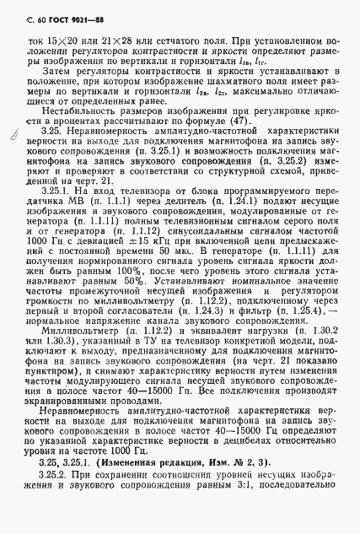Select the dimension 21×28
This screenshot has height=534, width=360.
coord(113,40)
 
